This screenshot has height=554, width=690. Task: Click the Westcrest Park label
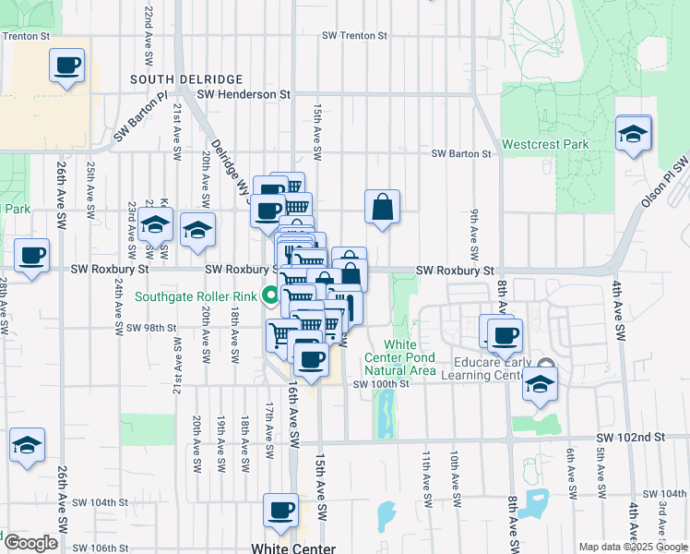[x=544, y=145]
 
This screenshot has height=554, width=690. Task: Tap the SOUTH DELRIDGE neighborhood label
[x=185, y=80]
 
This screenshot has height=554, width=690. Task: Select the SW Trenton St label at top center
[x=354, y=35]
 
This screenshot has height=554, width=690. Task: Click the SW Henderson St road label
[x=244, y=94]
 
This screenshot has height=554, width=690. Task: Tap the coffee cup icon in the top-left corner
[x=67, y=66]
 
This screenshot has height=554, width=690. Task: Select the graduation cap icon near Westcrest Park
[x=633, y=136]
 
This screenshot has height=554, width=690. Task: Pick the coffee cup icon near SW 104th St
[x=281, y=510]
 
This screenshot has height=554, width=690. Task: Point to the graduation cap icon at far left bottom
[x=28, y=446]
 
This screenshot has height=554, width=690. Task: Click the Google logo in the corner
[x=30, y=544]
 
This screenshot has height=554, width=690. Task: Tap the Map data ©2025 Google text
[x=633, y=547]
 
